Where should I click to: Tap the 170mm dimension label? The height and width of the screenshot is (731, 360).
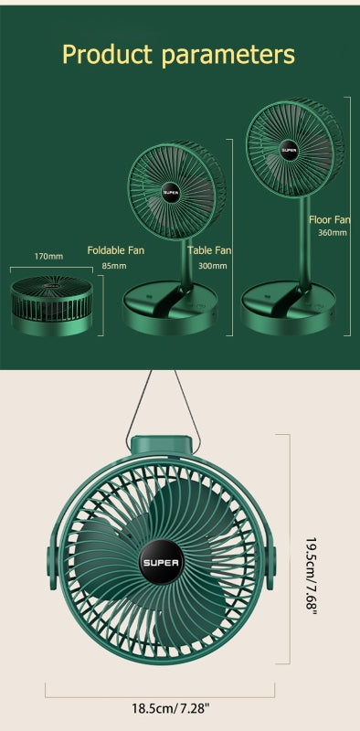pos(48,256)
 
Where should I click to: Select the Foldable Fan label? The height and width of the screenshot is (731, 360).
pos(116,249)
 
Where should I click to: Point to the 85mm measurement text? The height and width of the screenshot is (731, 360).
pos(113,266)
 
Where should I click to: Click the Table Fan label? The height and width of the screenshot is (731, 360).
pos(209,249)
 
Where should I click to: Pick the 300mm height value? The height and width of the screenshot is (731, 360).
pos(212,266)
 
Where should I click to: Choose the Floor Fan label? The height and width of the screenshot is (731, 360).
pos(329,219)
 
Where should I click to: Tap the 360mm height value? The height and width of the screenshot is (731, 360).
pos(332,233)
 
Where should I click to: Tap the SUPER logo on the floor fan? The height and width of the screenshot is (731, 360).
pos(289,147)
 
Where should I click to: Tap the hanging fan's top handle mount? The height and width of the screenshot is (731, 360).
pos(162,446)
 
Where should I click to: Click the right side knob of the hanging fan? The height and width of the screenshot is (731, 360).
pos(271,560)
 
